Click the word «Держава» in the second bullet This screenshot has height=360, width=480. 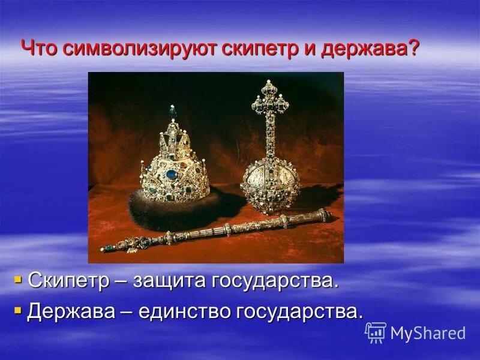[x=73, y=311]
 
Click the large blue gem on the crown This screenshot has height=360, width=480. [x=172, y=175]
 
